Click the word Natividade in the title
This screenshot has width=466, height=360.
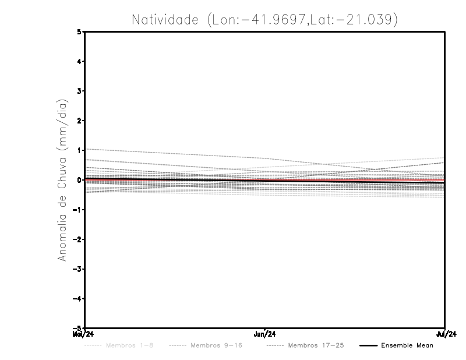[165, 19]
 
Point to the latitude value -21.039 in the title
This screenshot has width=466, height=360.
[365, 19]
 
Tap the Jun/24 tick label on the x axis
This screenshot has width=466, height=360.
[265, 334]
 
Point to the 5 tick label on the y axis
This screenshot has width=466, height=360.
[79, 31]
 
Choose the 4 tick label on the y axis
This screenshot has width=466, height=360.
[79, 61]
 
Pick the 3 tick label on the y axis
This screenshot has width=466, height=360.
[79, 91]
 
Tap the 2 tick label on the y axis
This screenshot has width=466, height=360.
[79, 121]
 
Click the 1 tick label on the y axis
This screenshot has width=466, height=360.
[79, 150]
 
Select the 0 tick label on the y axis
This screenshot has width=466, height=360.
[79, 179]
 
